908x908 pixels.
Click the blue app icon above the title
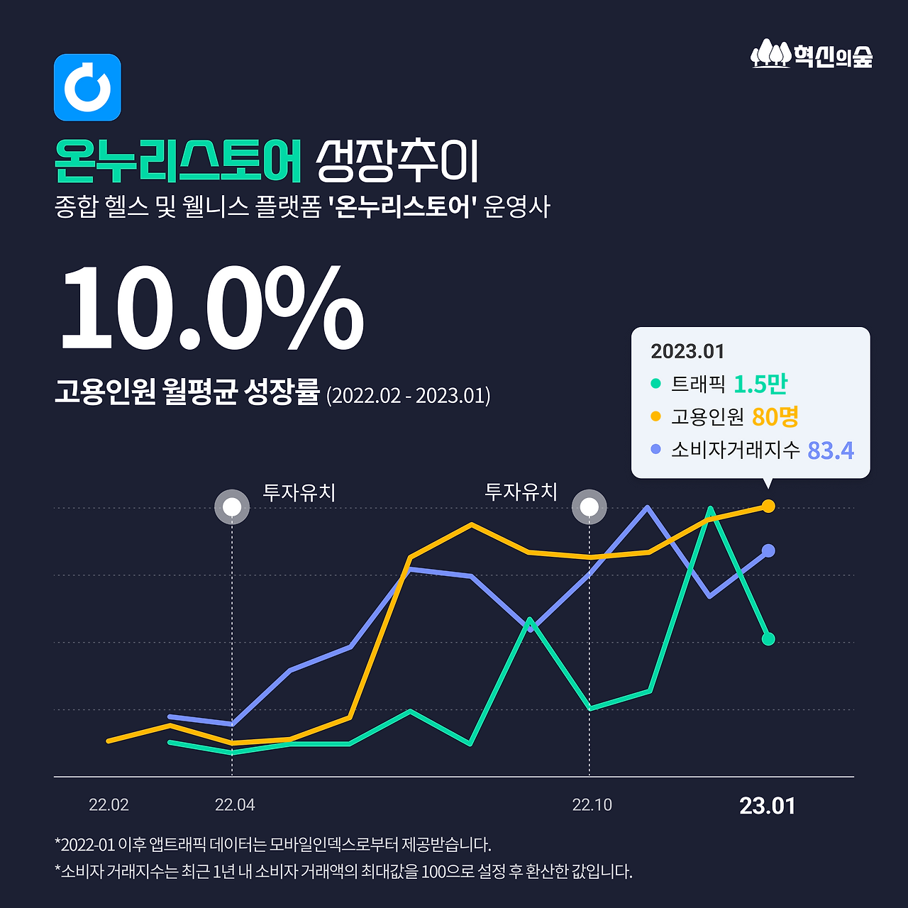(x=87, y=87)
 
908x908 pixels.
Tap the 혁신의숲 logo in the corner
(x=812, y=54)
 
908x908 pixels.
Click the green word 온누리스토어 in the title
(x=178, y=161)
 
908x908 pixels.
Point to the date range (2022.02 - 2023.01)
(x=408, y=394)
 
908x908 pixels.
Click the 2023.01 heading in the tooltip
(x=687, y=351)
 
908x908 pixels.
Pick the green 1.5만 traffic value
(x=760, y=384)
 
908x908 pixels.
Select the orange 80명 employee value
(x=775, y=416)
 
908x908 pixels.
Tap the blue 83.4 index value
(x=831, y=450)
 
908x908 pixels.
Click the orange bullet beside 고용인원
(x=655, y=416)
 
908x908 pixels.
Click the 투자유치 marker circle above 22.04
(x=232, y=507)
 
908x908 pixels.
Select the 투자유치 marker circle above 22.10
(x=589, y=507)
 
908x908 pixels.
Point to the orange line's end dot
(x=768, y=506)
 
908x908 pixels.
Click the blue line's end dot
(x=768, y=550)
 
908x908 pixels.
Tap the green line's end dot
(x=768, y=639)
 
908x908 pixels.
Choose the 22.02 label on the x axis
(x=109, y=805)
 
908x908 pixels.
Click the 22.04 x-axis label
(x=235, y=805)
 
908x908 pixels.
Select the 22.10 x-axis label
(x=592, y=805)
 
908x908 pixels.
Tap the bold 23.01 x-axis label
(x=767, y=806)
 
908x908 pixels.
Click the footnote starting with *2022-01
(x=272, y=845)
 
